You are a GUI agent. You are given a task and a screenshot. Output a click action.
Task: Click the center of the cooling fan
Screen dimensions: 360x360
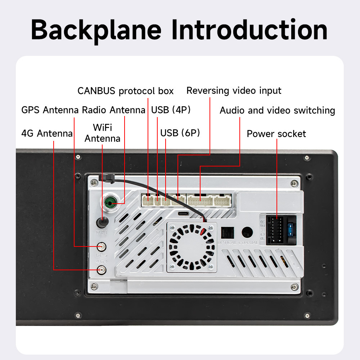pyautogui.click(x=192, y=247)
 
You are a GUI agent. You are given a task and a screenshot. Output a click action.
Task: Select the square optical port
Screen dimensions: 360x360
pyautogui.click(x=227, y=232)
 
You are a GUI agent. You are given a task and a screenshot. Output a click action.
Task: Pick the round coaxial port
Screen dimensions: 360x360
pyautogui.click(x=247, y=232)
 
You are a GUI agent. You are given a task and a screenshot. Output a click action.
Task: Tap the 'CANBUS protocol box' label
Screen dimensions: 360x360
pyautogui.click(x=125, y=91)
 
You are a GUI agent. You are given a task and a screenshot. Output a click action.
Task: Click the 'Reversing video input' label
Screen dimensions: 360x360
pyautogui.click(x=234, y=90)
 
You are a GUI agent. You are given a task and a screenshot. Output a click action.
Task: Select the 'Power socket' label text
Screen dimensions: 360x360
pyautogui.click(x=276, y=134)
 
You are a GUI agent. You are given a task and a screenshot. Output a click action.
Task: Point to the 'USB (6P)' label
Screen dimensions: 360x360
pyautogui.click(x=180, y=133)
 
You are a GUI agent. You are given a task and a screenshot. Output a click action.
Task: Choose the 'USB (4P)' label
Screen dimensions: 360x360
pyautogui.click(x=171, y=110)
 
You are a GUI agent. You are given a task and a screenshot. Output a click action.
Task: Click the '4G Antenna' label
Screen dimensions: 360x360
pyautogui.click(x=47, y=134)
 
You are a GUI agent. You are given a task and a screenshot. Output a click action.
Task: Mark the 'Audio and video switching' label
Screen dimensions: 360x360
pyautogui.click(x=277, y=110)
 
